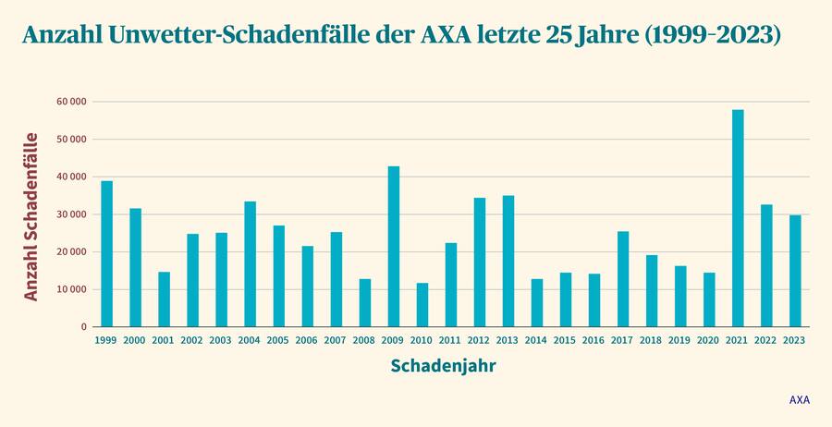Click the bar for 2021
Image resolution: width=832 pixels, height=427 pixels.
click(x=738, y=218)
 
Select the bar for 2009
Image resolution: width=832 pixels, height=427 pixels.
click(x=394, y=246)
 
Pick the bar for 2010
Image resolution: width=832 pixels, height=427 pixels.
click(x=422, y=304)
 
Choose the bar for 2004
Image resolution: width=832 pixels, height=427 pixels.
click(x=251, y=263)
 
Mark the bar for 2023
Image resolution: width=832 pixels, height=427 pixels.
click(x=795, y=270)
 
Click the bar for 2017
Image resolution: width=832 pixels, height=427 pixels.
click(x=623, y=278)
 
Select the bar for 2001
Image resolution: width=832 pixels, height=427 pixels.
click(x=165, y=299)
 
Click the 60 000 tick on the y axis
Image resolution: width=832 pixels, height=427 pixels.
click(x=71, y=102)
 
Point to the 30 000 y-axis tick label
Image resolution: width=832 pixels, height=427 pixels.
click(x=71, y=214)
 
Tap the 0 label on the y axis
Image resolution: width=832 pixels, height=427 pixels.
click(x=83, y=327)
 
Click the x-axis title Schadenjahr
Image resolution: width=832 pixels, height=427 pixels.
click(x=443, y=366)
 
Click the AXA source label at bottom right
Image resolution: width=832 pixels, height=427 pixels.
click(x=799, y=400)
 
